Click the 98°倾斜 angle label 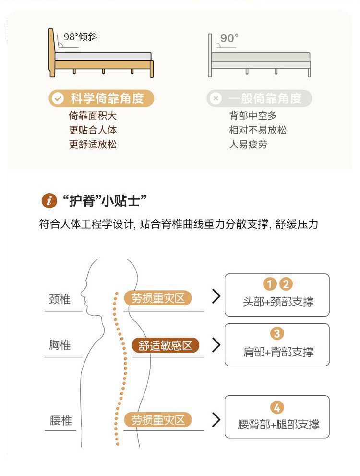tap(81, 37)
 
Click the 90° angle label tap(229, 38)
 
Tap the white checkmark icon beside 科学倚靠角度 tap(58, 99)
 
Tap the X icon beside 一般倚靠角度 tap(216, 99)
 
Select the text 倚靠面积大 tap(93, 116)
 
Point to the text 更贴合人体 tap(93, 130)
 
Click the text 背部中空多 tap(253, 116)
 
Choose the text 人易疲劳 tap(248, 145)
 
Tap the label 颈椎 tap(60, 299)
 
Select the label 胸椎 tap(60, 344)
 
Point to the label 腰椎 tap(60, 421)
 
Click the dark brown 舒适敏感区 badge tap(166, 345)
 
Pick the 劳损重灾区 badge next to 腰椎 tap(158, 420)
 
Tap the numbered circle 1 tap(270, 284)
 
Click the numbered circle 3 tap(277, 333)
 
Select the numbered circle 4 tap(277, 408)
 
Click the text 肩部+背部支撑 tap(278, 352)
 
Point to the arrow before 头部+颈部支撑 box tap(216, 296)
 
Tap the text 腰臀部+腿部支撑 tap(278, 425)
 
